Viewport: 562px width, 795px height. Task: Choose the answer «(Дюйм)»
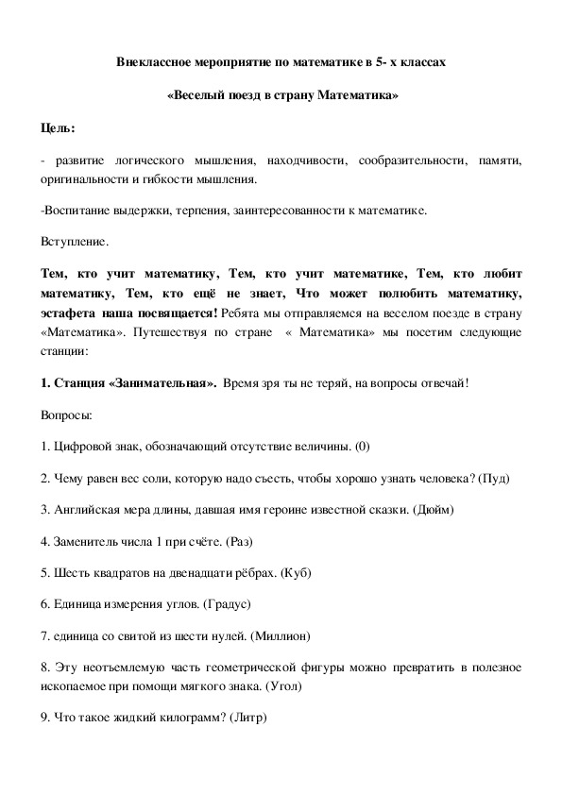pyautogui.click(x=434, y=511)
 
